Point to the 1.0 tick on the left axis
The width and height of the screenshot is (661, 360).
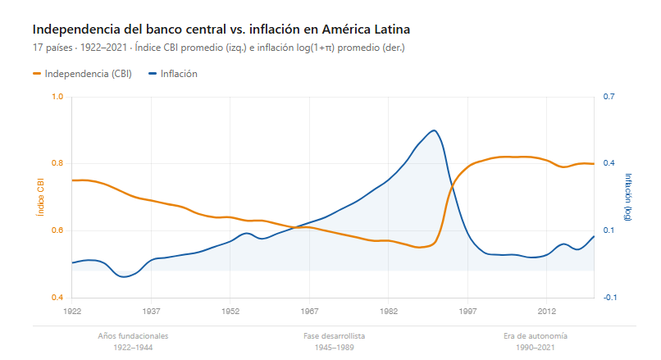(x=57, y=97)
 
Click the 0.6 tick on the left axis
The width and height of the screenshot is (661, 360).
(x=57, y=230)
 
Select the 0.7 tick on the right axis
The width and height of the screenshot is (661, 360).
(x=609, y=97)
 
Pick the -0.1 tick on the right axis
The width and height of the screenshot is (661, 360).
(x=609, y=298)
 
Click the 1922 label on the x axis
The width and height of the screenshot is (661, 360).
(x=72, y=312)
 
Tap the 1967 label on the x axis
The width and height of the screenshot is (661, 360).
(x=310, y=312)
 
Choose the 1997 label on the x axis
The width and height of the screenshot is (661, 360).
(x=468, y=312)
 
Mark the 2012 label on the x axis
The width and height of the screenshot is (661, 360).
(x=547, y=312)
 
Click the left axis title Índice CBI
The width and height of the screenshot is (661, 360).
(x=39, y=197)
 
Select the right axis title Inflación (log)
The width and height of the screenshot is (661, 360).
(x=628, y=197)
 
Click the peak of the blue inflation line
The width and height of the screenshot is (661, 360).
(x=434, y=130)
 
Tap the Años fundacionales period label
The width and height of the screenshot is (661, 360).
(x=133, y=336)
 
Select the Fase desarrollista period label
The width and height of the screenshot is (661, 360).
(x=334, y=336)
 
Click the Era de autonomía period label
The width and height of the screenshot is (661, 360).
(x=536, y=336)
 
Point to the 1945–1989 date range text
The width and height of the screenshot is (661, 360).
(x=334, y=348)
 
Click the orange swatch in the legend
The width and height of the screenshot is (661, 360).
(x=37, y=74)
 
